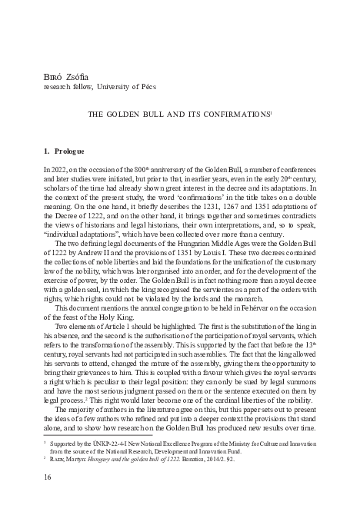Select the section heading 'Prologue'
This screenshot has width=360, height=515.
(76, 151)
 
